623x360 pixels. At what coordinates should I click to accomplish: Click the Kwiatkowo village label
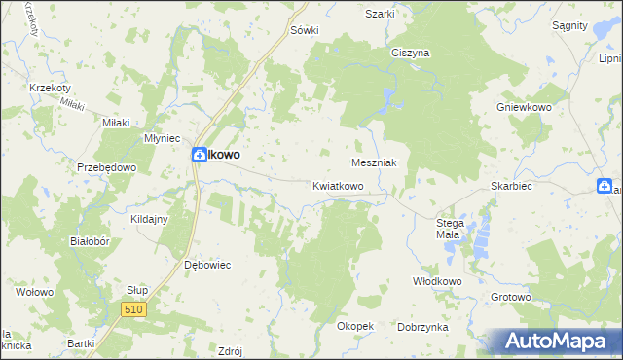(x=338, y=185)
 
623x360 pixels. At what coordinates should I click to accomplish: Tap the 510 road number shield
(x=134, y=308)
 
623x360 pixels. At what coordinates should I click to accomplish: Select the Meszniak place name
(x=373, y=163)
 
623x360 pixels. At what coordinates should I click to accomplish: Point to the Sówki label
(x=305, y=30)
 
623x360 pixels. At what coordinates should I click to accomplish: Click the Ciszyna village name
(x=410, y=54)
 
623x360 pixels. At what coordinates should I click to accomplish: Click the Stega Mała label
(x=450, y=229)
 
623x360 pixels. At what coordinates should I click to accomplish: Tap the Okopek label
(x=355, y=326)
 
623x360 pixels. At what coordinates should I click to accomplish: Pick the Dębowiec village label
(x=205, y=264)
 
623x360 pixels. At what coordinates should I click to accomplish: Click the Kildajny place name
(x=149, y=219)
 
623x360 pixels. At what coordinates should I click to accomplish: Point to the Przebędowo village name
(x=106, y=167)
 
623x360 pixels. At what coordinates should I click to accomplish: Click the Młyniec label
(x=161, y=138)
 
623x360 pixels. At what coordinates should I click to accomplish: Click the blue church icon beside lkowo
(x=199, y=154)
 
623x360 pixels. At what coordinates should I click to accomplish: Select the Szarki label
(x=380, y=14)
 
